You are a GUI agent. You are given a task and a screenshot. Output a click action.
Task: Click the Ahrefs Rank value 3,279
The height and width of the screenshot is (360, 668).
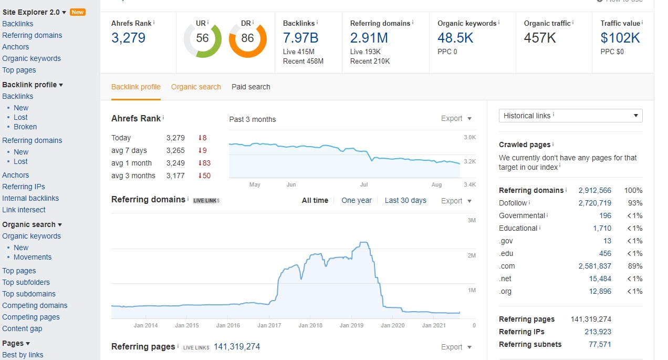pyautogui.click(x=128, y=38)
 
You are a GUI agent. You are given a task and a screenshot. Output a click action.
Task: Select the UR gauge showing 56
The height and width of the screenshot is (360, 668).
pyautogui.click(x=202, y=38)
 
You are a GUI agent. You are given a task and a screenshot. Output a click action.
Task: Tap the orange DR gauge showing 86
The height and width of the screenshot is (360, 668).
pyautogui.click(x=247, y=38)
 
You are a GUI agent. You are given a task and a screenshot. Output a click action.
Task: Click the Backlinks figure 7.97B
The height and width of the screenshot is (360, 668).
pyautogui.click(x=300, y=38)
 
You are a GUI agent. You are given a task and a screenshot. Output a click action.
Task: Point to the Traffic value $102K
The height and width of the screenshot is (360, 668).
pyautogui.click(x=620, y=38)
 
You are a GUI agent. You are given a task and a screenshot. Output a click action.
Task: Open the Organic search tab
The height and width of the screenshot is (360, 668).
pyautogui.click(x=196, y=87)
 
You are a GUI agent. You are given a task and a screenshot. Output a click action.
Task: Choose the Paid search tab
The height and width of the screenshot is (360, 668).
pyautogui.click(x=250, y=87)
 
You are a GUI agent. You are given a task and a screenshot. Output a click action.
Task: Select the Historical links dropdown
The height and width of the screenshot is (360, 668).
pyautogui.click(x=570, y=116)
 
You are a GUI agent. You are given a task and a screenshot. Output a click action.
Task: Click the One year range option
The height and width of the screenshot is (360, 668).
pyautogui.click(x=356, y=200)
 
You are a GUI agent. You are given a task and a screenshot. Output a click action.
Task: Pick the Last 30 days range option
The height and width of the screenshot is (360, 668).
pyautogui.click(x=405, y=200)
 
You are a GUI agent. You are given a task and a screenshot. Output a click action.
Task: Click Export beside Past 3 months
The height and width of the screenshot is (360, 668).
pyautogui.click(x=456, y=119)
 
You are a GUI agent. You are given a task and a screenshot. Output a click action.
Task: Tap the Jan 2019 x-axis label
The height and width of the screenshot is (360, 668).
pyautogui.click(x=351, y=325)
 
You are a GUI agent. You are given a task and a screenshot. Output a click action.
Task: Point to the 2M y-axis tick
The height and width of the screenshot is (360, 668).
pyautogui.click(x=471, y=255)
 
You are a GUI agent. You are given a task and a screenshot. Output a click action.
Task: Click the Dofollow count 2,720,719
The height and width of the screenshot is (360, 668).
pyautogui.click(x=594, y=203)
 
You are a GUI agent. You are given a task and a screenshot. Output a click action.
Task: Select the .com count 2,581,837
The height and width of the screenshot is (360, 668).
pyautogui.click(x=594, y=266)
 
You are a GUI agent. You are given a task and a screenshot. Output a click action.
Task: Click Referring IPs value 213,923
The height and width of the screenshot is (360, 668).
pyautogui.click(x=598, y=332)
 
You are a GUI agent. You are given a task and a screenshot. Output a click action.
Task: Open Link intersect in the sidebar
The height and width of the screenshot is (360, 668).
pyautogui.click(x=24, y=210)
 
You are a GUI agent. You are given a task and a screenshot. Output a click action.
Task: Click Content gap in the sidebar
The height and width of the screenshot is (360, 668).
pyautogui.click(x=22, y=328)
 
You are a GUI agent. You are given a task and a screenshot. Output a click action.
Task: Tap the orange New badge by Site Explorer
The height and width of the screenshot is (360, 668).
pyautogui.click(x=78, y=12)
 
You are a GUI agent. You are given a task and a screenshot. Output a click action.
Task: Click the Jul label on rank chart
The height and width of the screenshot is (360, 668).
pyautogui.click(x=364, y=184)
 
